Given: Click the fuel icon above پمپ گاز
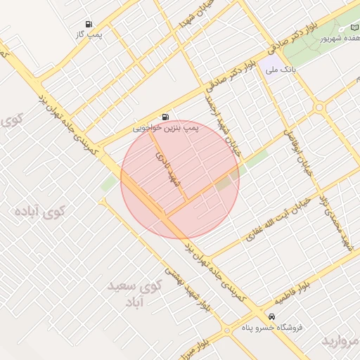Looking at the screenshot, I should click(x=88, y=24).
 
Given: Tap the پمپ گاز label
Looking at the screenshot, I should click(x=89, y=34).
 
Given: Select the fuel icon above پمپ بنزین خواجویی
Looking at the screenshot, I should click(x=165, y=117).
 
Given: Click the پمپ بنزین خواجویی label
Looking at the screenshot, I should click(x=166, y=129).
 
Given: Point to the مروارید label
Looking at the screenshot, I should click(x=342, y=340).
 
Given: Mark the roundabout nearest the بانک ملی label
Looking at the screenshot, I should click(x=320, y=108).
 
